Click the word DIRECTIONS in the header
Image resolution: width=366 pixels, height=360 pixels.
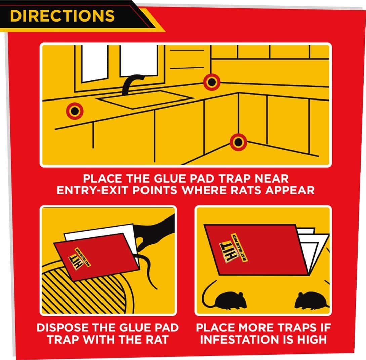[62, 16]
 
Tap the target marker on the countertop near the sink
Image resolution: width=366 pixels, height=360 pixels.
[75, 111]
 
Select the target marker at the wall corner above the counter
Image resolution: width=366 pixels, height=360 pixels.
[212, 82]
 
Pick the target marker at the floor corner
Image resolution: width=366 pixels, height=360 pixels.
[238, 142]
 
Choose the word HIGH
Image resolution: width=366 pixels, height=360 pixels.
[312, 339]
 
